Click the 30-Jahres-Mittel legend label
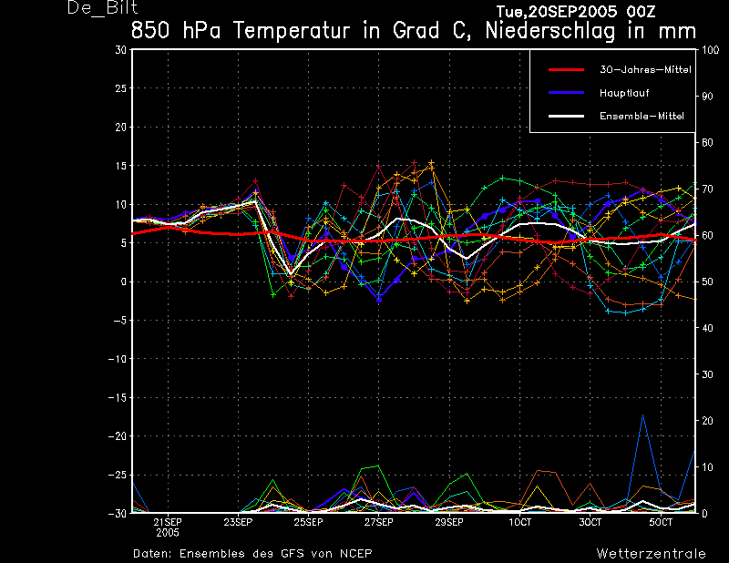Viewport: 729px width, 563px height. [x=645, y=70]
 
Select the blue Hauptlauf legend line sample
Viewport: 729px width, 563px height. [x=566, y=93]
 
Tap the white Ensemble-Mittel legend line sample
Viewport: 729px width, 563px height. [x=566, y=116]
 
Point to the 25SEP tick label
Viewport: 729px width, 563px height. [x=308, y=522]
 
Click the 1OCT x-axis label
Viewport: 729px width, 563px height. [x=519, y=522]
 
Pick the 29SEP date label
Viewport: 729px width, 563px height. [x=449, y=522]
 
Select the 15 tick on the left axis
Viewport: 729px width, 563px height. [x=120, y=166]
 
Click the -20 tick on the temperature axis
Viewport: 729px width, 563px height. [x=118, y=436]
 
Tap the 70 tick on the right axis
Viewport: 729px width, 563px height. [x=707, y=189]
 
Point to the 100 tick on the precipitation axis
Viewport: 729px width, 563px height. [x=710, y=50]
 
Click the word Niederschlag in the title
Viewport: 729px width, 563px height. [x=550, y=31]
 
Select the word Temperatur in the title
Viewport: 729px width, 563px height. [x=292, y=31]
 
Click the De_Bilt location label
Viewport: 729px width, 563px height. [x=103, y=8]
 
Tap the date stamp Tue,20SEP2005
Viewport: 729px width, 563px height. [x=557, y=11]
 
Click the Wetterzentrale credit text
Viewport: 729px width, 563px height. [x=651, y=553]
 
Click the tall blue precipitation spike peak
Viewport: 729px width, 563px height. [x=643, y=415]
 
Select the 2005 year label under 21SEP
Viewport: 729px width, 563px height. [x=168, y=533]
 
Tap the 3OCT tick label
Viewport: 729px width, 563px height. [x=590, y=522]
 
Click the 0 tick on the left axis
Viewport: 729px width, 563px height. [x=124, y=281]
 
